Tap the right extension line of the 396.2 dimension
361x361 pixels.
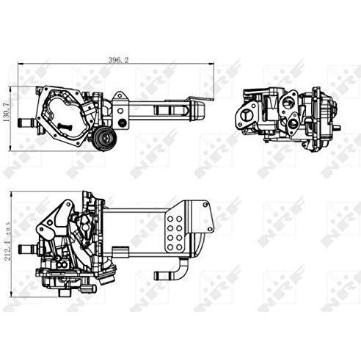pyautogui.click(x=214, y=81)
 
